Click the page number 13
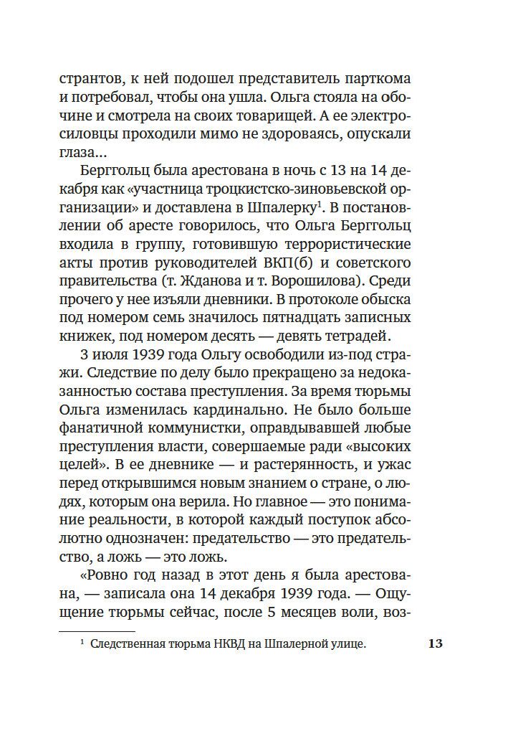pyautogui.click(x=435, y=643)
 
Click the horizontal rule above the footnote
pyautogui.click(x=97, y=632)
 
